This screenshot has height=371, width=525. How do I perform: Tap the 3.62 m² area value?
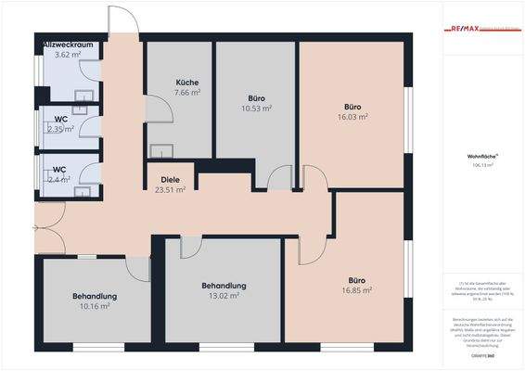(x=69, y=55)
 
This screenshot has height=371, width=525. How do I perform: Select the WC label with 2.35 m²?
(x=59, y=119)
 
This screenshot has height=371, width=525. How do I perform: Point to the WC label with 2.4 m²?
(x=59, y=169)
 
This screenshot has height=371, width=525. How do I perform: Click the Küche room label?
(x=187, y=83)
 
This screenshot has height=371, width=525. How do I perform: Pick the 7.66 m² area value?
(x=188, y=93)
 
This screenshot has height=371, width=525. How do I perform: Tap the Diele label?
(x=170, y=180)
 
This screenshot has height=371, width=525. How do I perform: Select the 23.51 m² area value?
(x=170, y=190)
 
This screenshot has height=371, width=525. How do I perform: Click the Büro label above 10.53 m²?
(x=256, y=97)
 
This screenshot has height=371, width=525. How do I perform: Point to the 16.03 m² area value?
(x=353, y=118)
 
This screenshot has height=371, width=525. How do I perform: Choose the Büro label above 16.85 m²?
(x=357, y=279)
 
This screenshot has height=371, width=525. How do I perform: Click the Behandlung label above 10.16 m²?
(x=95, y=296)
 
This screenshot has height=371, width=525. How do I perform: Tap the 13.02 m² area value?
(x=224, y=296)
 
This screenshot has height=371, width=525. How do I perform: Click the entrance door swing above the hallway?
(x=122, y=20)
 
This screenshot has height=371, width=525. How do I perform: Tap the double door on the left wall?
(x=48, y=223)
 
